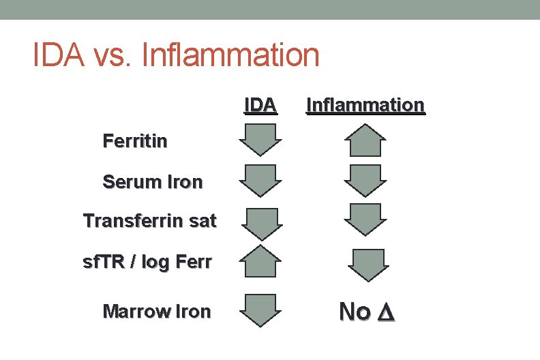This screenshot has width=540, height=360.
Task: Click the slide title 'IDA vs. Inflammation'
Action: [176, 55]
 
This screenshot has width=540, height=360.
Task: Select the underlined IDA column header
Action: [260, 105]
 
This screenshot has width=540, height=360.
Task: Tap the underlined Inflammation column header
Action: [365, 105]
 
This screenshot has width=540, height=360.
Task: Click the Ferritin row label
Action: [135, 142]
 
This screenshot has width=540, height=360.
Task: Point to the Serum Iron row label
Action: [152, 182]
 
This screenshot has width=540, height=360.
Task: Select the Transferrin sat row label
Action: [149, 221]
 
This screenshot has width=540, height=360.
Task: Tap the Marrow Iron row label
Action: [156, 312]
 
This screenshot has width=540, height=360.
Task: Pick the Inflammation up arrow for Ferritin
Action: [365, 140]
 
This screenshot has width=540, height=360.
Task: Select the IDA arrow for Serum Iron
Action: [260, 181]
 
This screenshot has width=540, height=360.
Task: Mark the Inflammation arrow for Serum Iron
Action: [365, 181]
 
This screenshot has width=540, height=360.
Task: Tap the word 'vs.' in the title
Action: [114, 55]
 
